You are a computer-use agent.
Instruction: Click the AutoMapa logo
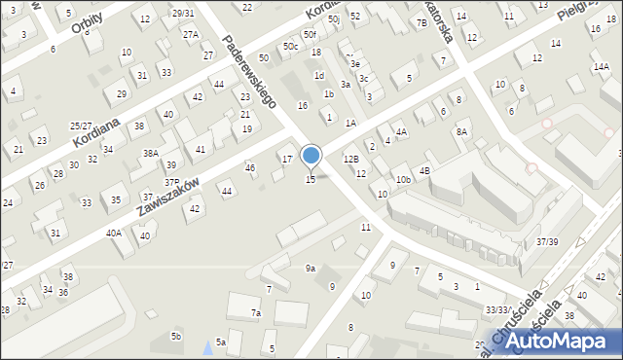tap(563, 341)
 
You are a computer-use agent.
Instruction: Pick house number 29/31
tap(182, 13)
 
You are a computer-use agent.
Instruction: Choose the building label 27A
tap(191, 34)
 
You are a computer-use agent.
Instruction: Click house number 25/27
tap(81, 126)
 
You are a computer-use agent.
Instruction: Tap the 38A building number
tap(150, 154)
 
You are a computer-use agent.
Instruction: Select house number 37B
tap(171, 182)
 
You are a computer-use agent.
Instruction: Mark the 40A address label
tap(114, 233)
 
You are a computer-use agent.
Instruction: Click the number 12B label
tap(351, 158)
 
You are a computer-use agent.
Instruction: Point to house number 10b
tap(402, 180)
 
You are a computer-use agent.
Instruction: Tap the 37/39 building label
tap(547, 241)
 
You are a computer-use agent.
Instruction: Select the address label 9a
tap(311, 268)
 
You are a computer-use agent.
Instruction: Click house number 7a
tap(256, 313)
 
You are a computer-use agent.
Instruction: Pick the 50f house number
tap(310, 35)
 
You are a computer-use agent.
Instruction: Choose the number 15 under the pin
tap(311, 179)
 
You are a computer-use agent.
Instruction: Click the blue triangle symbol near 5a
tap(205, 346)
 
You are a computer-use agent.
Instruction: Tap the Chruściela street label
tap(544, 322)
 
